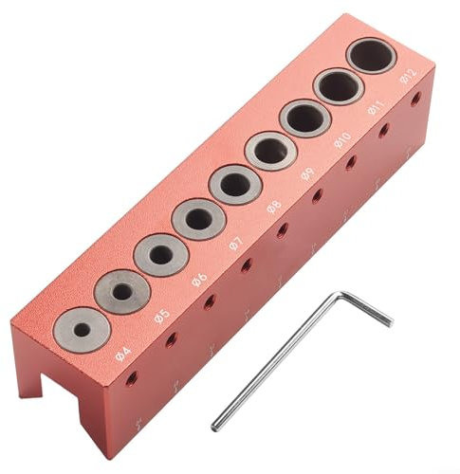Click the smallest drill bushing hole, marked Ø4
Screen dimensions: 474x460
(x=83, y=329)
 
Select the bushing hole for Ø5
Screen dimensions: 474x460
(x=122, y=292)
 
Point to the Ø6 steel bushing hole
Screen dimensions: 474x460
(x=161, y=255)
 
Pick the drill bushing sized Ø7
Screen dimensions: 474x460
(x=199, y=219)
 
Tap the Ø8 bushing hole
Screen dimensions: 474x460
(x=235, y=184)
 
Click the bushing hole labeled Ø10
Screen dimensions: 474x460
(x=304, y=119)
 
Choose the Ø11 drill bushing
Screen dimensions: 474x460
(x=338, y=87)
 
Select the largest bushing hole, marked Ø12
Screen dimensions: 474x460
(x=371, y=56)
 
